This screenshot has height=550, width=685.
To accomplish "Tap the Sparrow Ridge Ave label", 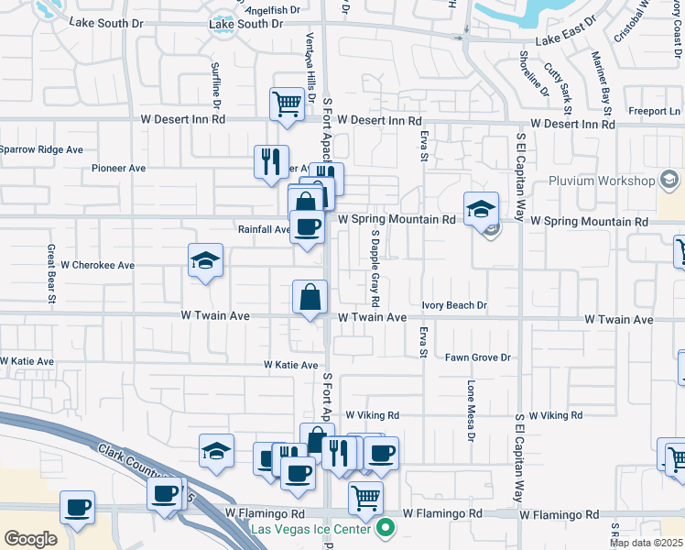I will coord(41,149).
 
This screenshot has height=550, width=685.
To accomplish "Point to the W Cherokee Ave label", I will coord(98,265).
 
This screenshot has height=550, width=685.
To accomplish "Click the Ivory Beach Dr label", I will coord(454,305).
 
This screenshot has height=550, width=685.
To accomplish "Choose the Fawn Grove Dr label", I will coord(477,357).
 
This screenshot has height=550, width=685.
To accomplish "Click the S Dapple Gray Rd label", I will coord(375,269).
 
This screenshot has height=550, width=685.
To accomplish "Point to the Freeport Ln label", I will coord(648,112).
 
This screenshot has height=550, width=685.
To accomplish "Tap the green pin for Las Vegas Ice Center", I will coord(386,527).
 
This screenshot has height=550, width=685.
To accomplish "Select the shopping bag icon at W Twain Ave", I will coord(310,296).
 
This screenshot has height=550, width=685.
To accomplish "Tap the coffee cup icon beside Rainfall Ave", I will coord(307,225).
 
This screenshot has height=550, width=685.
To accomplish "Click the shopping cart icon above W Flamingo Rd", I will coord(365,498).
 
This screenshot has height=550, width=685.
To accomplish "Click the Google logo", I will coord(30,539).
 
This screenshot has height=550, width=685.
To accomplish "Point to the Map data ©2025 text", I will coord(647,543).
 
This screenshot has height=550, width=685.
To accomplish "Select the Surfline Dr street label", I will coord(217,82).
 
